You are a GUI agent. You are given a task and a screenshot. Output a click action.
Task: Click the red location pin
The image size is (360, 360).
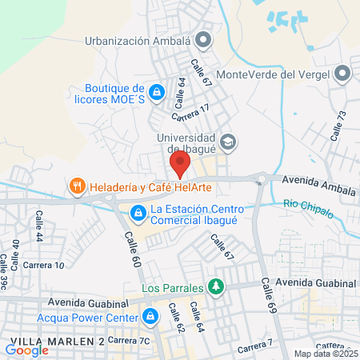point(179,165)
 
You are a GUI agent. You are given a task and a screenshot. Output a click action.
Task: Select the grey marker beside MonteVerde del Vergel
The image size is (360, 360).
point(343,74)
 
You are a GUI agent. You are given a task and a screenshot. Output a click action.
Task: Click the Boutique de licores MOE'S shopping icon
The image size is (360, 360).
point(158,94)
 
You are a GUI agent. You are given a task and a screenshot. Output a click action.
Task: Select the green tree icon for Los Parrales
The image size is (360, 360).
point(215,286)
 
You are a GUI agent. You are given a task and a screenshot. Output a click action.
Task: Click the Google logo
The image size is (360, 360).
point(26,350)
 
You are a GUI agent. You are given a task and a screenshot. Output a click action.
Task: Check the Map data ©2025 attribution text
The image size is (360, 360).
point(324,354)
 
